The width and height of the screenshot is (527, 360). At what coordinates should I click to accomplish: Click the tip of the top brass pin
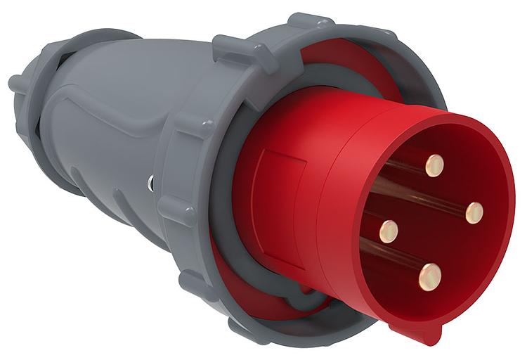click(434, 166)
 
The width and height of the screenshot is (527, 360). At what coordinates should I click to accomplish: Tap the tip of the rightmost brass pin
click(475, 212)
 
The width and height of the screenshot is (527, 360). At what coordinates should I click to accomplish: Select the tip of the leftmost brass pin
click(388, 231)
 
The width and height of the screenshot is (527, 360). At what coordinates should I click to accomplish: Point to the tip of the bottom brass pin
click(430, 276)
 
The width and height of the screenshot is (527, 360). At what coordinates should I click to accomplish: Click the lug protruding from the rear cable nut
click(15, 82)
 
